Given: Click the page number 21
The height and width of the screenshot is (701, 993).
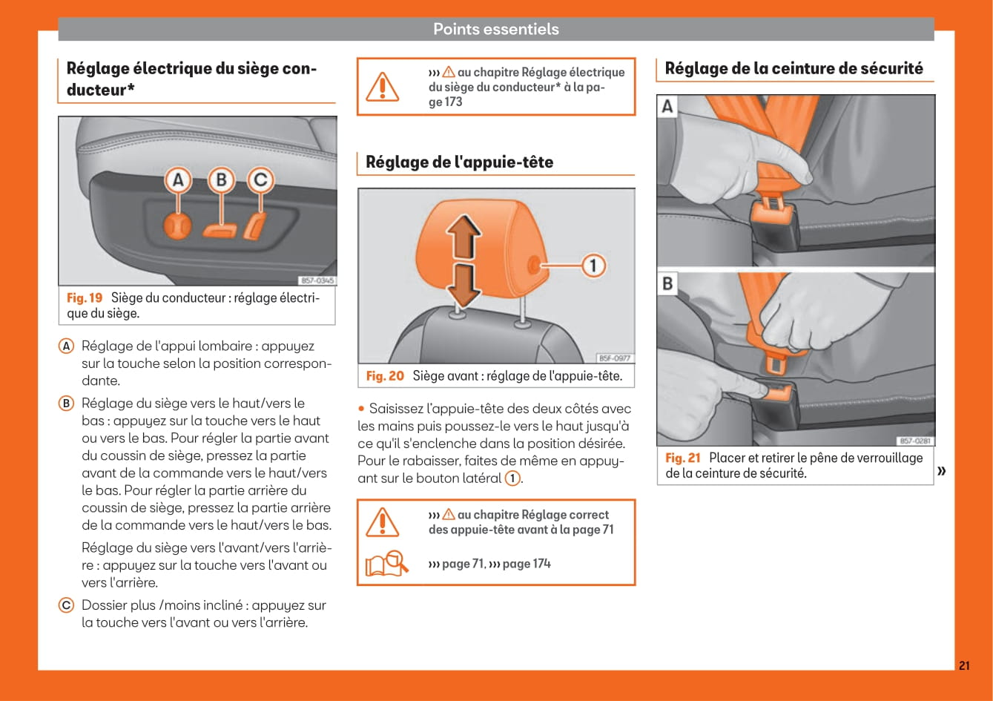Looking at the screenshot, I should (x=963, y=665).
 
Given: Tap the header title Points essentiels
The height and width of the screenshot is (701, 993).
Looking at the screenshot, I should (x=495, y=30).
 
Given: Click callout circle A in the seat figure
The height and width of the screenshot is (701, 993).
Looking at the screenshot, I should (x=178, y=180).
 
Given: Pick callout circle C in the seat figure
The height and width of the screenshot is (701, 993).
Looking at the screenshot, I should (x=260, y=180).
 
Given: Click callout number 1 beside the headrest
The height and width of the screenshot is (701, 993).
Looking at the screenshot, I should (x=593, y=265).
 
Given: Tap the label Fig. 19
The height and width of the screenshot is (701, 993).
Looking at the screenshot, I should (x=85, y=297).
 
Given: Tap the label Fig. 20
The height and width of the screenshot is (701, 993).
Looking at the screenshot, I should (x=385, y=376).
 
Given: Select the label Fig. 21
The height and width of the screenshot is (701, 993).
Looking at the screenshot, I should (x=682, y=458).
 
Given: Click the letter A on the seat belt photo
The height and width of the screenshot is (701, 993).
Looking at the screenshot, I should (x=667, y=107).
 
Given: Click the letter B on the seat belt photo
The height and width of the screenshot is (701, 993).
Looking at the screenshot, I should (x=667, y=283).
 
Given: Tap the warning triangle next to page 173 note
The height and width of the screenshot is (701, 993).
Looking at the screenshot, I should (x=383, y=87).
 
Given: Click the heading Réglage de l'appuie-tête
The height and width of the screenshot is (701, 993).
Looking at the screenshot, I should (x=459, y=162).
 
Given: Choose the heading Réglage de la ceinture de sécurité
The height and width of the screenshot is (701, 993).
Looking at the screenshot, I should (x=794, y=68).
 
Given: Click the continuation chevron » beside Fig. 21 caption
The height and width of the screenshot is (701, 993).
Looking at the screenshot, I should (x=942, y=471).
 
